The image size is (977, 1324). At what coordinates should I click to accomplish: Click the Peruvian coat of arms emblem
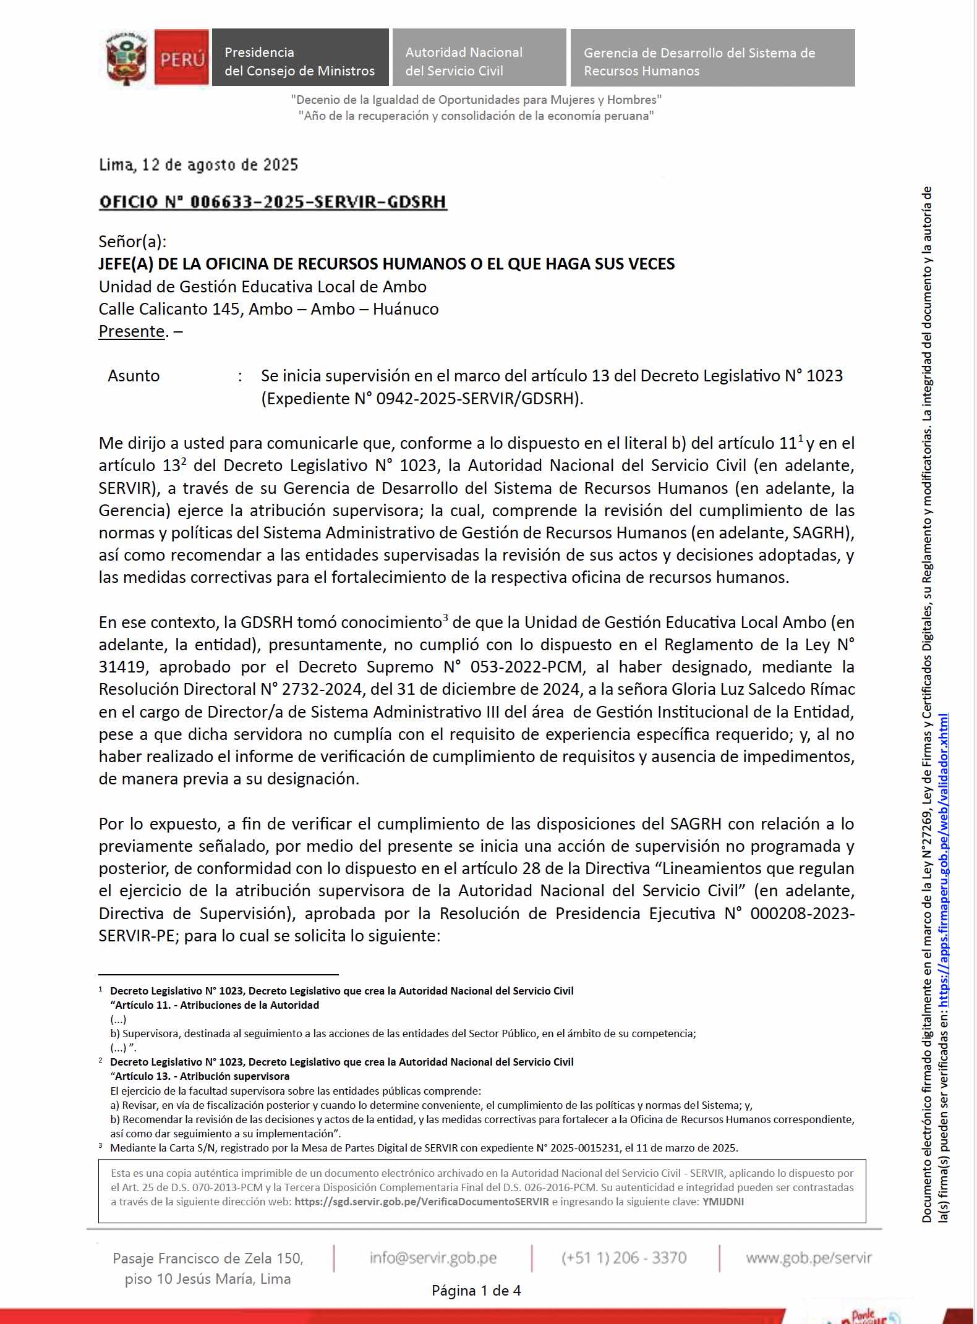[127, 57]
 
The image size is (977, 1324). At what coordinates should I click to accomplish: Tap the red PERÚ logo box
[181, 57]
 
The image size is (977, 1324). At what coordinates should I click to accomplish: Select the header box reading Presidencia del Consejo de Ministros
[300, 57]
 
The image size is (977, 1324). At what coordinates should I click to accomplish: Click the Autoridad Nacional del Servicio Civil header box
[479, 57]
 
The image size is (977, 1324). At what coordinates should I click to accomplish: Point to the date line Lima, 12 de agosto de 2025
[198, 165]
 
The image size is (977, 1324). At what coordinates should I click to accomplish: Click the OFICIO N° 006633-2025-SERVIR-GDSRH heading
[273, 202]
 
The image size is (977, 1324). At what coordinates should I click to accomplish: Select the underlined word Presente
[132, 331]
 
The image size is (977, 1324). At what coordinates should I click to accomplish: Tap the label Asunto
[134, 376]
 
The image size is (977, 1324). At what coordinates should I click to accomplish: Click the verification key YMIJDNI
[723, 1202]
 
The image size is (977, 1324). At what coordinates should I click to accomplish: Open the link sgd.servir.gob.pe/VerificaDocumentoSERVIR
[422, 1202]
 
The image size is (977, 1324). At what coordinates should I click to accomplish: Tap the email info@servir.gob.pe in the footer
[433, 1258]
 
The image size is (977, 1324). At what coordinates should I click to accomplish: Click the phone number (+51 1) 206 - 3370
[624, 1258]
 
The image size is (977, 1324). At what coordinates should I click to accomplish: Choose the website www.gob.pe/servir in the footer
[808, 1258]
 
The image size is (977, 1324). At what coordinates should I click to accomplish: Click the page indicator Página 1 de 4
[476, 1291]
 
